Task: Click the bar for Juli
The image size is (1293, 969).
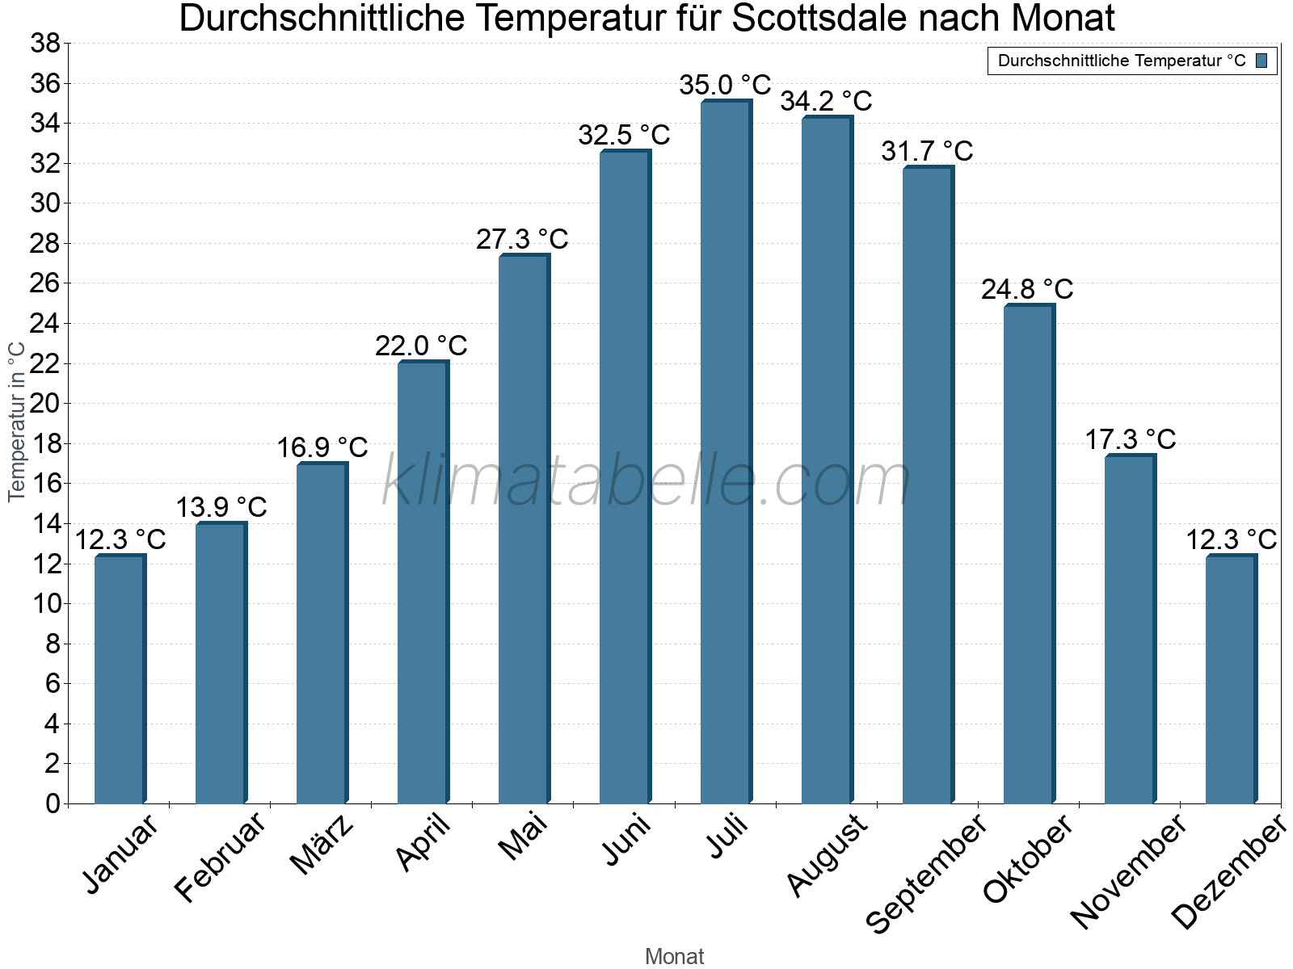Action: coord(726,452)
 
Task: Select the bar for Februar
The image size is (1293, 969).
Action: coord(221,662)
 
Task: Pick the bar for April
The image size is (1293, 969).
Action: coord(423,581)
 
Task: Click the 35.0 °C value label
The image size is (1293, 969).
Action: coord(725,85)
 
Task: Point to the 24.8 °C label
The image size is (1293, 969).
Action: coord(1027,289)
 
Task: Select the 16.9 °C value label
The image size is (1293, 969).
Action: coord(322,447)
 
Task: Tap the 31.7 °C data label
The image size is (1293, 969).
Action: coord(927,151)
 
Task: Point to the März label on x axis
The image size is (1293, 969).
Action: coord(322,845)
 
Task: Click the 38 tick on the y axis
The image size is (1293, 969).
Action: coord(45,44)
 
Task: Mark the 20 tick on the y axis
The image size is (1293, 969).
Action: coord(45,404)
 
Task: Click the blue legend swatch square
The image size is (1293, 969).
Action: coord(1262,61)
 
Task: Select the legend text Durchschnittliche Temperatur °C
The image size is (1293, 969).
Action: coord(1122,61)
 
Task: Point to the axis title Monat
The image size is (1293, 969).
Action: coord(674,957)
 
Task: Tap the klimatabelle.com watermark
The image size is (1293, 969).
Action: coord(646,482)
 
